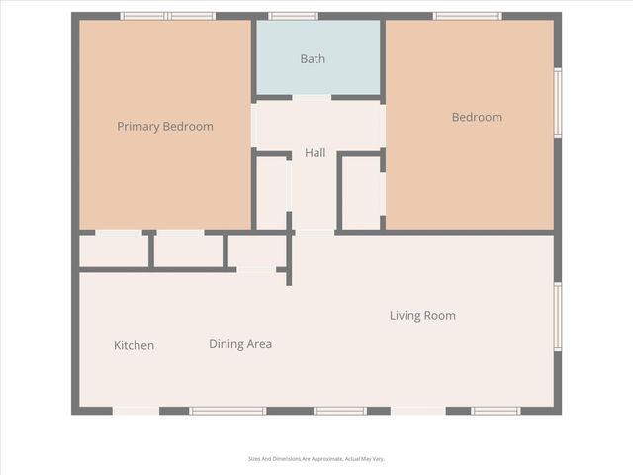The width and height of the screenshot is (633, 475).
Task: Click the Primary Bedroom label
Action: (165, 127)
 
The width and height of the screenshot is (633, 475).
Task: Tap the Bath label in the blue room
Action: (313, 59)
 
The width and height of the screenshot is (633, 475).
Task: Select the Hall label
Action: (316, 153)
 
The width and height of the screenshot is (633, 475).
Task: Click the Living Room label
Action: (422, 316)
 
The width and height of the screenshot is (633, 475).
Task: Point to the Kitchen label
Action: (134, 346)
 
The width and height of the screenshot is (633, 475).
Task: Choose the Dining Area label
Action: (240, 344)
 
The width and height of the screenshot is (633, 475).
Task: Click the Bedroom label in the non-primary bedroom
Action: (477, 117)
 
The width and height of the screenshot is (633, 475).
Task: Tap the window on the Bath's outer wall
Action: (294, 16)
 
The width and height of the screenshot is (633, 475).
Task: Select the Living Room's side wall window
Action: (558, 317)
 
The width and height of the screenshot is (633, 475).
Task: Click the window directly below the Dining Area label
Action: (227, 410)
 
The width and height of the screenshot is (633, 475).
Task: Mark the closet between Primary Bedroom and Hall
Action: (272, 192)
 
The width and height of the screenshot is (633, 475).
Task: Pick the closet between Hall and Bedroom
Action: (361, 192)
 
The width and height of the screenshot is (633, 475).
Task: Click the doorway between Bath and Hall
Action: (313, 97)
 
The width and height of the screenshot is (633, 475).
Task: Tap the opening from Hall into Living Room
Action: (316, 232)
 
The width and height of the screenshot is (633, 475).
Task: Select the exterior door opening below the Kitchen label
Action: (136, 410)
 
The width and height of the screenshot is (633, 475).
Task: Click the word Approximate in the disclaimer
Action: (325, 459)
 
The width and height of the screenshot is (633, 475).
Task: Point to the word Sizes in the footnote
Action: (253, 459)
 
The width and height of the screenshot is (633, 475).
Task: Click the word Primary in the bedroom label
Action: (137, 127)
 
